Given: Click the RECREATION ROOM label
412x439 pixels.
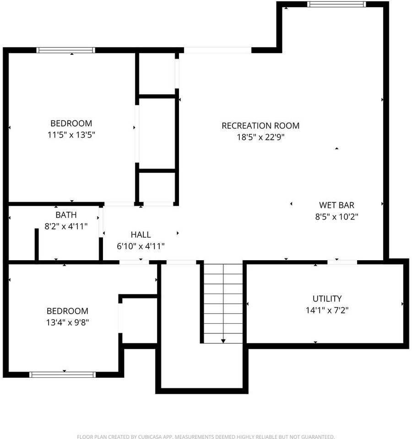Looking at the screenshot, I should [260, 125].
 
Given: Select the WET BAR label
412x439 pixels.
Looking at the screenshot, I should [336, 205].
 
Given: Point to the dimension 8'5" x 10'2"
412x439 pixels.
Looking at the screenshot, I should [336, 217].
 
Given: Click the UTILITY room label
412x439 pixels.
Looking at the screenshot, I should [327, 299].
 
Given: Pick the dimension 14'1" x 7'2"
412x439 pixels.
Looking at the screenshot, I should [327, 310].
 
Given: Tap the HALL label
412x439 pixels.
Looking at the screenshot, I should [141, 235].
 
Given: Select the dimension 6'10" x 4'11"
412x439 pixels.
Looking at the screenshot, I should [141, 246].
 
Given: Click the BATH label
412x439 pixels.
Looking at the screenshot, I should [66, 214].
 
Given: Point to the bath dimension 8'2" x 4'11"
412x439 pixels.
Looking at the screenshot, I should [66, 226].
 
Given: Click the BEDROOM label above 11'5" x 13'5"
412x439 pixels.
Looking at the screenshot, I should [71, 123].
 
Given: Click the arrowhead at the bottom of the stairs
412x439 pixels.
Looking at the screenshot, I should [223, 341].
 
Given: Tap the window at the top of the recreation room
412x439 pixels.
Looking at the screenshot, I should [336, 5].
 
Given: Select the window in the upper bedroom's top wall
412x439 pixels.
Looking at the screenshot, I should [66, 50].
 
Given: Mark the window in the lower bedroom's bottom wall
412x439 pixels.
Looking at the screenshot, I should [62, 375].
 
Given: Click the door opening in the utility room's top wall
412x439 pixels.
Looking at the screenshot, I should [342, 262].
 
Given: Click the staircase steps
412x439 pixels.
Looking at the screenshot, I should [223, 302].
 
